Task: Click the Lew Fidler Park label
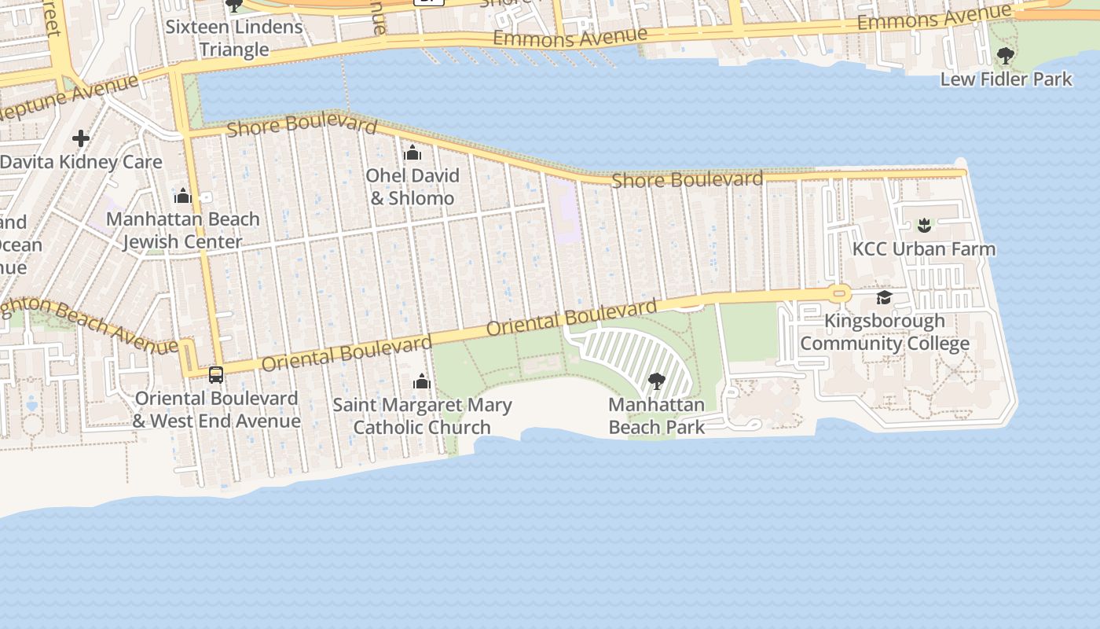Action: click(x=1006, y=79)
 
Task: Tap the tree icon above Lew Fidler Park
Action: click(x=1005, y=56)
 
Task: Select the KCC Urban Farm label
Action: click(x=923, y=248)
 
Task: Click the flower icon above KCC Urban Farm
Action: click(x=924, y=226)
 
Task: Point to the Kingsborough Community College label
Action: click(x=884, y=332)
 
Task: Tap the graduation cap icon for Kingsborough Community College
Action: click(x=884, y=297)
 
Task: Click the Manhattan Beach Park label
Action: click(x=657, y=416)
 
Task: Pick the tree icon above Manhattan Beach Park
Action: click(x=657, y=382)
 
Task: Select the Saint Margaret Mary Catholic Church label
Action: click(x=422, y=416)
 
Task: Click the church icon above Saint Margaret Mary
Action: click(x=422, y=382)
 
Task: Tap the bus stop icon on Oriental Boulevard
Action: click(x=216, y=375)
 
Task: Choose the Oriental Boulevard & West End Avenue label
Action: click(x=216, y=409)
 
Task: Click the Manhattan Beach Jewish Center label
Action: click(x=182, y=230)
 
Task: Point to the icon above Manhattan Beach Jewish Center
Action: click(x=183, y=196)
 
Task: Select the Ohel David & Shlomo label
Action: click(x=412, y=186)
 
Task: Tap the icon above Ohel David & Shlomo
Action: click(x=412, y=153)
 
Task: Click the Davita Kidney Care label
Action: click(x=81, y=162)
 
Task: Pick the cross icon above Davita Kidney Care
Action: click(x=80, y=139)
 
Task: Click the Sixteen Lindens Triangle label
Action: click(x=234, y=38)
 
